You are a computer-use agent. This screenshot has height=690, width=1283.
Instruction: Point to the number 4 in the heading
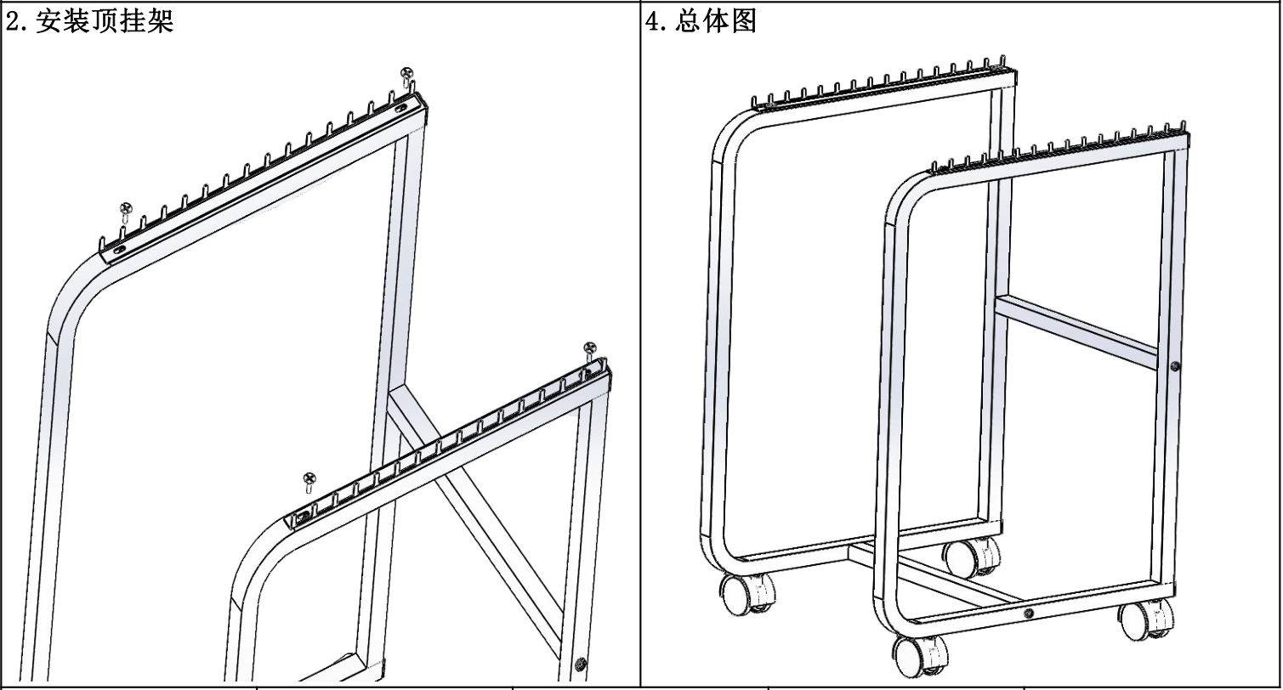[653, 21]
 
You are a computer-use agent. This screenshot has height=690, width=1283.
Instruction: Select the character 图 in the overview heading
[743, 21]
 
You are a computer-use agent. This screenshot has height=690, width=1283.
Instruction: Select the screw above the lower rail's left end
[309, 480]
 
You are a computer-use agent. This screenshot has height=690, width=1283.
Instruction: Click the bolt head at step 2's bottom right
[582, 663]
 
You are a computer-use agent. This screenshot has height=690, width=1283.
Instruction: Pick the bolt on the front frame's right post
[1174, 366]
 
